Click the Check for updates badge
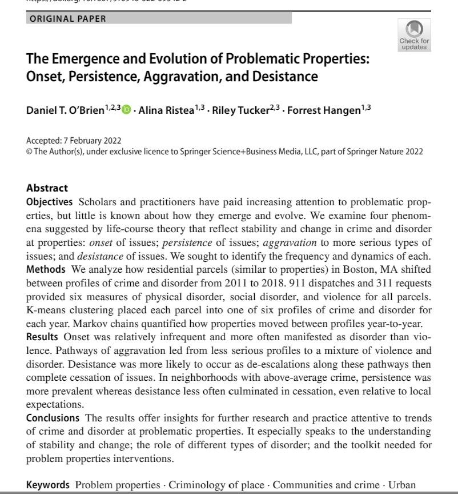tap(414, 35)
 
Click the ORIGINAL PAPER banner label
tap(68, 18)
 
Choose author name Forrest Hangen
tap(323, 110)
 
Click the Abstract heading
tap(47, 188)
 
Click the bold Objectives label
tap(49, 202)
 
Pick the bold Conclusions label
tap(53, 418)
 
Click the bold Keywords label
tap(48, 485)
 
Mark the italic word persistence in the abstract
tap(187, 242)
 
